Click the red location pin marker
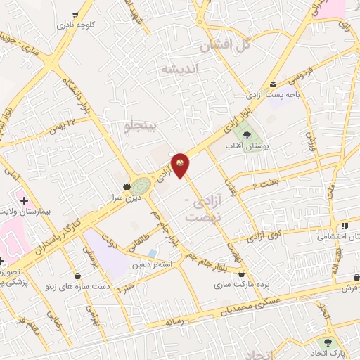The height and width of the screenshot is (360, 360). (181, 165)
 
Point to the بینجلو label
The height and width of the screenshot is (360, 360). (143, 126)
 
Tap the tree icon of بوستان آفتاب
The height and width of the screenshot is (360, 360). (246, 134)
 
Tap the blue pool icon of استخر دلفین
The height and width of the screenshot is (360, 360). (153, 254)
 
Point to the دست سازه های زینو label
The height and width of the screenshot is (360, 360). (105, 286)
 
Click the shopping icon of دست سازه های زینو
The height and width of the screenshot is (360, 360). (76, 276)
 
